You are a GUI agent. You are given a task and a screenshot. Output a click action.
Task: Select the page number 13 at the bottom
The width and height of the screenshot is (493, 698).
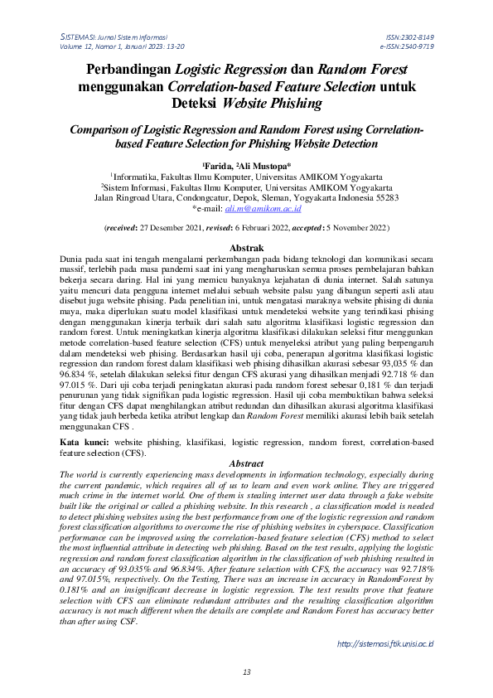click(x=246, y=671)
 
